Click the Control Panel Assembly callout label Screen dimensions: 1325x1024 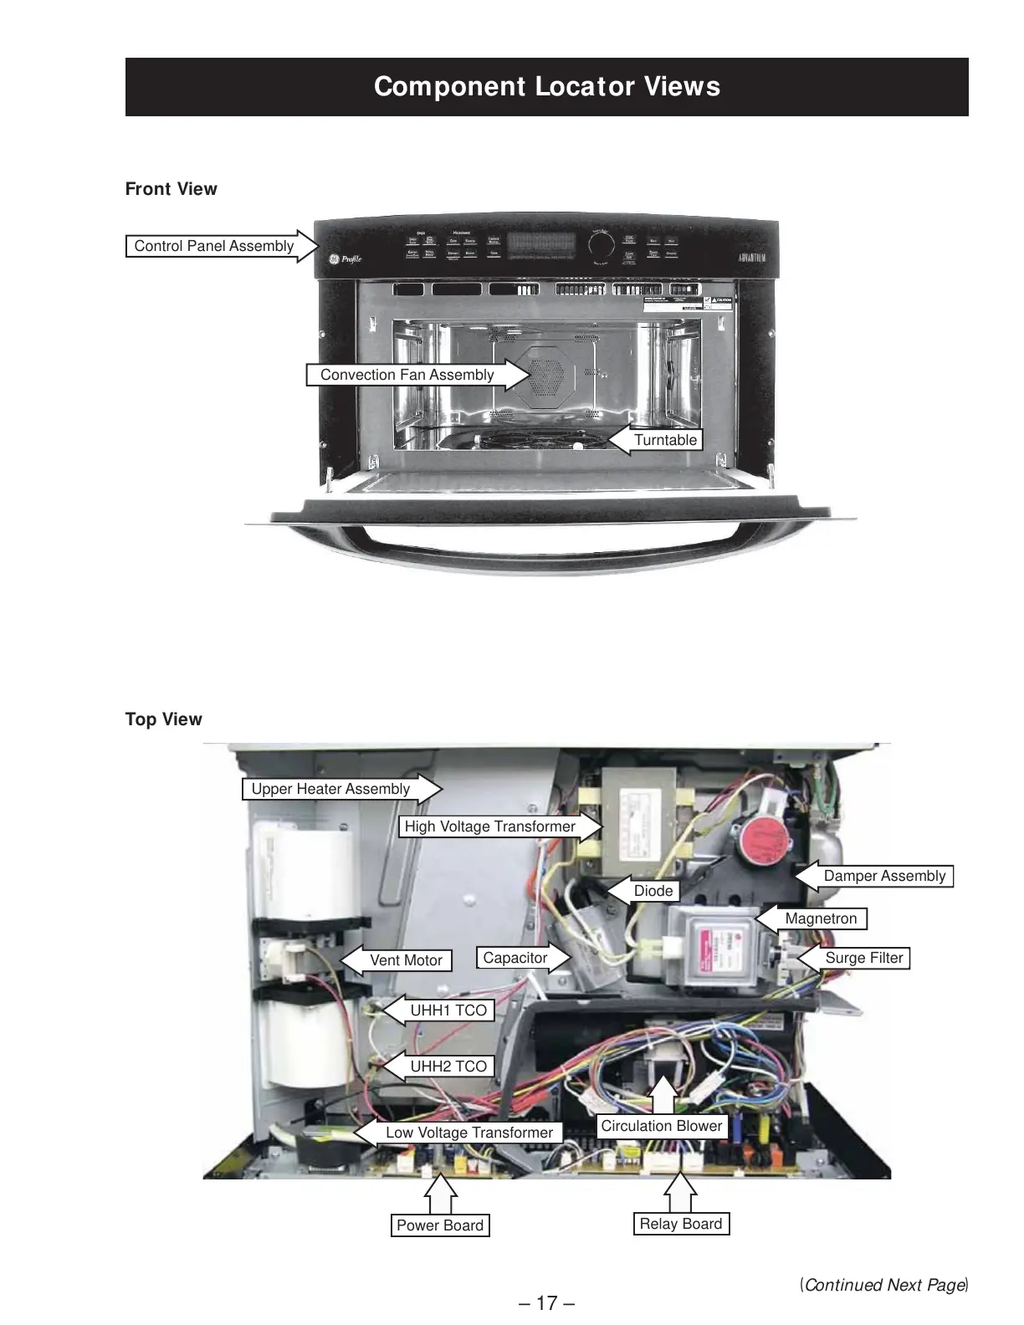tap(214, 246)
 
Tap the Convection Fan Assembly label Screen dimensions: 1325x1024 tap(407, 375)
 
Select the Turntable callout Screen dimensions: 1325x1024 tap(665, 440)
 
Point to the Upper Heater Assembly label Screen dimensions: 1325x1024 tap(330, 789)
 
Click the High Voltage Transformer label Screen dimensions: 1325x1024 tap(489, 826)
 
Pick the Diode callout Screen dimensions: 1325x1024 tap(653, 891)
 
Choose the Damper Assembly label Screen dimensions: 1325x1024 tap(884, 876)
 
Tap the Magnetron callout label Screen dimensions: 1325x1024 tap(821, 918)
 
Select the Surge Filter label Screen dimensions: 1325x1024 tap(864, 958)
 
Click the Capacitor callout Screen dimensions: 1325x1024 tap(515, 958)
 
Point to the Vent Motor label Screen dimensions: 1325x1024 tap(406, 960)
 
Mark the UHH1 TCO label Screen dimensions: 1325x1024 tap(448, 1010)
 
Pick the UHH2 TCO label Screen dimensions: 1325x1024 tap(448, 1067)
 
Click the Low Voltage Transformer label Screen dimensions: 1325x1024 tap(468, 1133)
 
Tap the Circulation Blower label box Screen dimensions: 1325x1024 tap(661, 1126)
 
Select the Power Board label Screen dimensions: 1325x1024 tap(440, 1225)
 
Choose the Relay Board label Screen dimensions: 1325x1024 tap(680, 1224)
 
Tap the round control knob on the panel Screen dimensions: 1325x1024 tap(601, 245)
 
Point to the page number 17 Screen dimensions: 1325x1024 tap(546, 1303)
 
